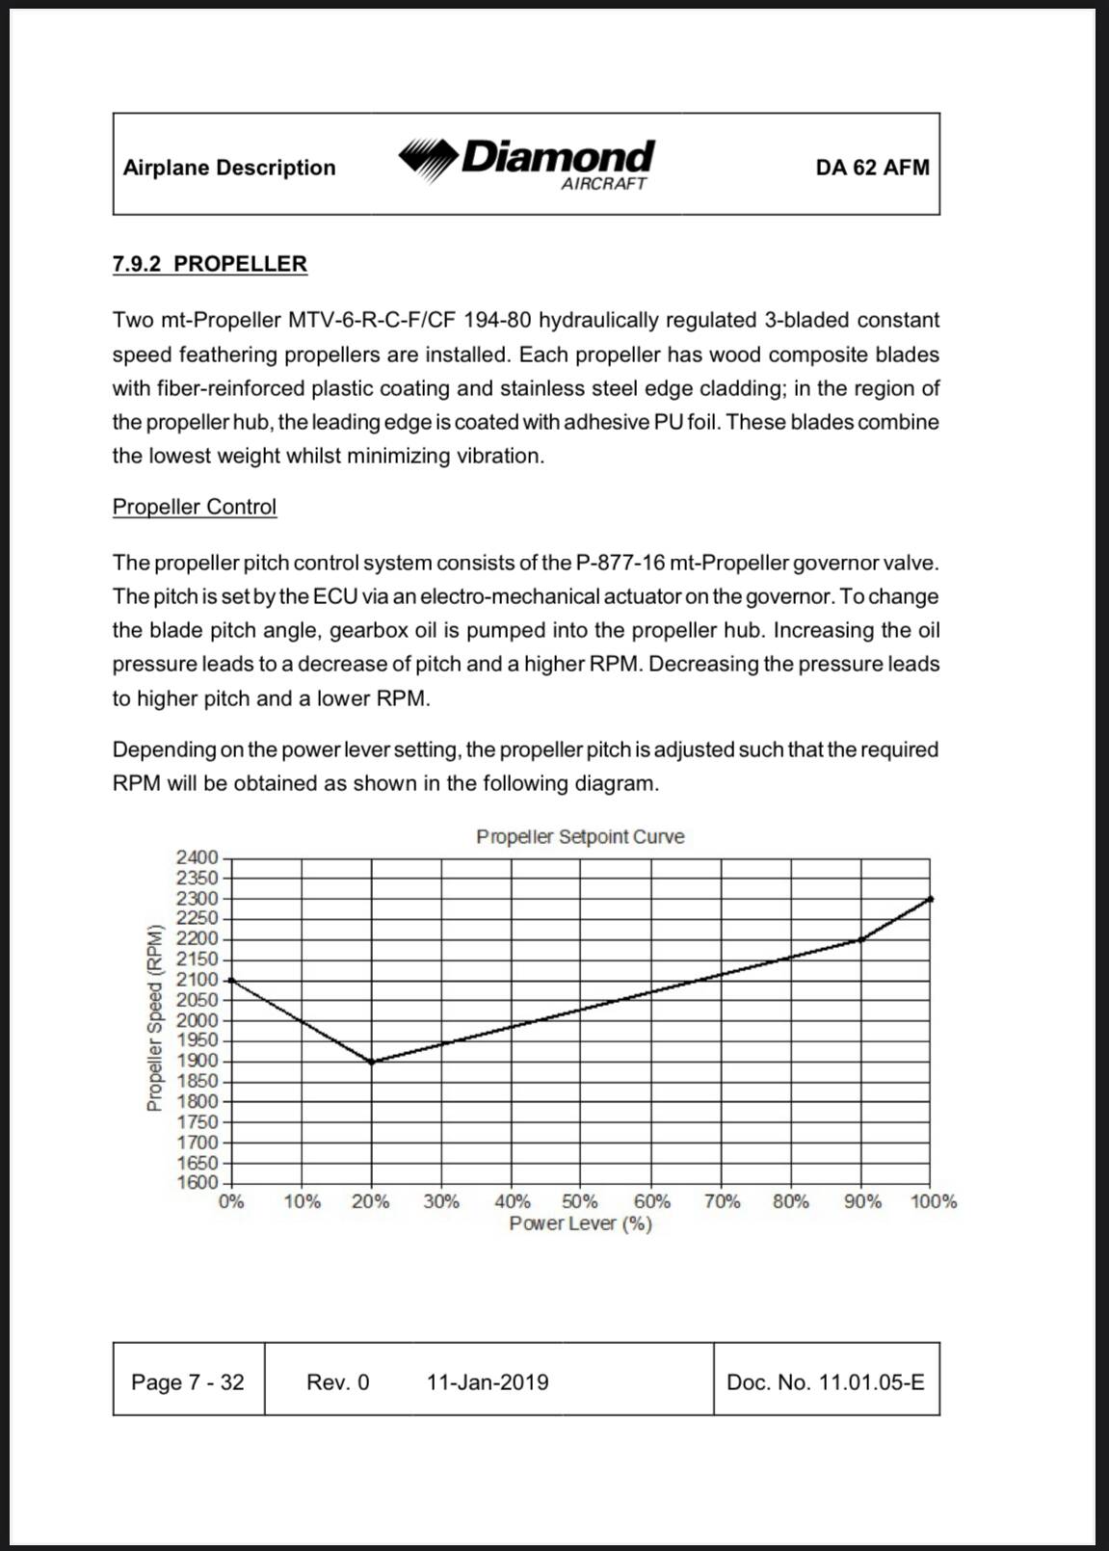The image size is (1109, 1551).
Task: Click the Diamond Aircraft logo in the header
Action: pyautogui.click(x=527, y=164)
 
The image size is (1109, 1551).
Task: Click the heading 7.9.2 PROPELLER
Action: pyautogui.click(x=210, y=264)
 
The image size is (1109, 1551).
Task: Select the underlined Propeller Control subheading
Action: pyautogui.click(x=195, y=507)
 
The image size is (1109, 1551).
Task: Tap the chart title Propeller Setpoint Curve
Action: pyautogui.click(x=580, y=836)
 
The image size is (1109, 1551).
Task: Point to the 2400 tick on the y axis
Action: pyautogui.click(x=198, y=857)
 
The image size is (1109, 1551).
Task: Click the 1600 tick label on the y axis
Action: pyautogui.click(x=198, y=1182)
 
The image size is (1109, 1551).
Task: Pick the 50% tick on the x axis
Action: pyautogui.click(x=580, y=1201)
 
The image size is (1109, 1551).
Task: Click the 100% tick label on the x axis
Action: pyautogui.click(x=934, y=1201)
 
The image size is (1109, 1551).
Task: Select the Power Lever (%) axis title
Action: pyautogui.click(x=580, y=1223)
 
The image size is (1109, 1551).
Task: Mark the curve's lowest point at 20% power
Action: pyautogui.click(x=372, y=1062)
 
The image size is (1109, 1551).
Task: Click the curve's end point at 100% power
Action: pyautogui.click(x=930, y=899)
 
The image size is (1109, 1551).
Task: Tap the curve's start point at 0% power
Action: pyautogui.click(x=231, y=980)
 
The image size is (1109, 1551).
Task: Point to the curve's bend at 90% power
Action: pyautogui.click(x=860, y=939)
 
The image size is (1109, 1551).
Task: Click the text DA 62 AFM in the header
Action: pyautogui.click(x=872, y=168)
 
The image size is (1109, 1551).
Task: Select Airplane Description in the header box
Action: pyautogui.click(x=229, y=168)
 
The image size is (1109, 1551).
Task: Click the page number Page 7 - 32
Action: pyautogui.click(x=188, y=1382)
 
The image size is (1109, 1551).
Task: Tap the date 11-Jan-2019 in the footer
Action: pyautogui.click(x=488, y=1382)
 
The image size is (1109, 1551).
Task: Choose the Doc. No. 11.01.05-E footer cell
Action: pyautogui.click(x=826, y=1382)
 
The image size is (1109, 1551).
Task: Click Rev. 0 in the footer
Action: pyautogui.click(x=337, y=1382)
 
